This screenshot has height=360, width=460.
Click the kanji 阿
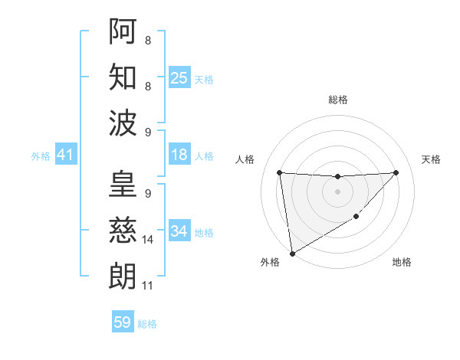click(123, 31)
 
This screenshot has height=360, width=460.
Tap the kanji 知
click(123, 77)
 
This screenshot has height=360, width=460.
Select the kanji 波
click(123, 123)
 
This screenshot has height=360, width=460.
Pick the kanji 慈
click(123, 230)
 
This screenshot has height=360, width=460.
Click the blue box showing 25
click(179, 78)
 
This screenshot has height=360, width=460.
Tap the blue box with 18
click(179, 155)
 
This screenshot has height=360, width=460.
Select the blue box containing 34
click(179, 231)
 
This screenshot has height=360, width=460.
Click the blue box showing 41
click(65, 155)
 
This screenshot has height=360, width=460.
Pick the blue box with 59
click(123, 322)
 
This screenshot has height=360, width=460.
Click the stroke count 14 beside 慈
click(149, 240)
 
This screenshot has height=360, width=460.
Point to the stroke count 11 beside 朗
click(148, 286)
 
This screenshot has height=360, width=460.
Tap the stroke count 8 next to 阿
click(147, 40)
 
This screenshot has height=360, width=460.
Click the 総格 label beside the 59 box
click(147, 324)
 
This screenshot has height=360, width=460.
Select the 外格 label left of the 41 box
click(41, 156)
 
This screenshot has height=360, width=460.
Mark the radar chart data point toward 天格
click(396, 172)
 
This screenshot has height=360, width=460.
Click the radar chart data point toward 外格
click(291, 253)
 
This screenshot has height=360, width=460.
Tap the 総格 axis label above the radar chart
click(337, 100)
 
